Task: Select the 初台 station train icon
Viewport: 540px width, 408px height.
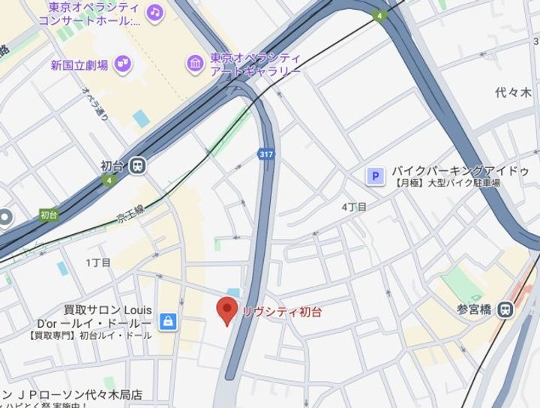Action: coord(137,166)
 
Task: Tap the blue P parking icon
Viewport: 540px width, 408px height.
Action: coord(374,176)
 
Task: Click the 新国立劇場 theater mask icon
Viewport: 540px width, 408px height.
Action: coord(123,64)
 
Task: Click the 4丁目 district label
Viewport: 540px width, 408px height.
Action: coord(354,206)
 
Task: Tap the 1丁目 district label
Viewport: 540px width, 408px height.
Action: coord(98,262)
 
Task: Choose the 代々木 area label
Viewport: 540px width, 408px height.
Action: coord(513,93)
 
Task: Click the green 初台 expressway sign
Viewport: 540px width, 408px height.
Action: coord(49,215)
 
